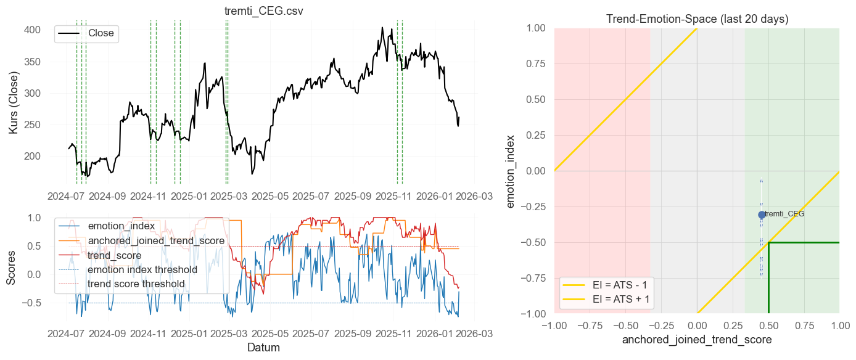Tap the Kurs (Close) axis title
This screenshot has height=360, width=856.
pyautogui.click(x=14, y=103)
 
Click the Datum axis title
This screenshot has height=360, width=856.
pyautogui.click(x=263, y=348)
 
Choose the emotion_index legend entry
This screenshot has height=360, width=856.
pyautogui.click(x=121, y=226)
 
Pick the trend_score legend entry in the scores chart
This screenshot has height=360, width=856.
pyautogui.click(x=114, y=255)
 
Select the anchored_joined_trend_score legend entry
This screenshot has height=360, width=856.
pyautogui.click(x=154, y=241)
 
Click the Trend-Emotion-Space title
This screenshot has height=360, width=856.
pyautogui.click(x=697, y=19)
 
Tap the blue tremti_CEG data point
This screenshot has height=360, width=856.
pyautogui.click(x=762, y=215)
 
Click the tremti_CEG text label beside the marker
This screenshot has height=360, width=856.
pyautogui.click(x=784, y=214)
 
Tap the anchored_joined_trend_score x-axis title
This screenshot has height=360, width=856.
pyautogui.click(x=697, y=340)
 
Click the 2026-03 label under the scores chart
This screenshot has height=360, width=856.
pyautogui.click(x=474, y=333)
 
